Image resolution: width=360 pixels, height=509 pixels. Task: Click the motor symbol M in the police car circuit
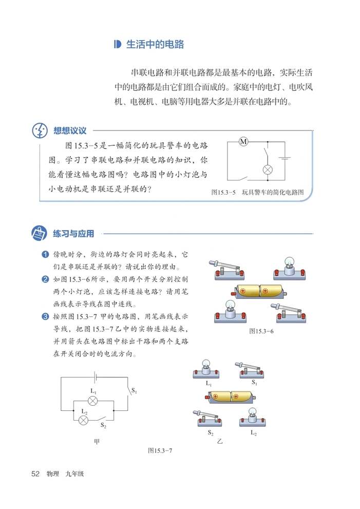coord(244,142)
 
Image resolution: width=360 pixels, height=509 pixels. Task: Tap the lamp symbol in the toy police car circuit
coord(267,169)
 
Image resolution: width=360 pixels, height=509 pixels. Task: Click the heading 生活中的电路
coord(155,45)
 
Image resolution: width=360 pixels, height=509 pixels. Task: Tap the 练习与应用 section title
coord(73,234)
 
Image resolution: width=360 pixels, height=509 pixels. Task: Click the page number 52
coord(35,474)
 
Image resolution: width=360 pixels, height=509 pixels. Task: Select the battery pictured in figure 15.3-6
coord(260,291)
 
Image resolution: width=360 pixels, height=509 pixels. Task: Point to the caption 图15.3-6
coord(261,331)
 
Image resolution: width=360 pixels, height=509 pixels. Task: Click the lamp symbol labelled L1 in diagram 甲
coord(93,401)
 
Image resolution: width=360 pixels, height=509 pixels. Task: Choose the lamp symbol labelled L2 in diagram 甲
coord(84,420)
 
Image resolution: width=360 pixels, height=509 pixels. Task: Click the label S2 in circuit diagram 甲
coord(103,425)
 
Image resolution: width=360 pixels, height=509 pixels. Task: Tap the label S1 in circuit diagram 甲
coord(134,391)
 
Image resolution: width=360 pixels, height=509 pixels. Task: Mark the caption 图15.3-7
coord(159,450)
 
